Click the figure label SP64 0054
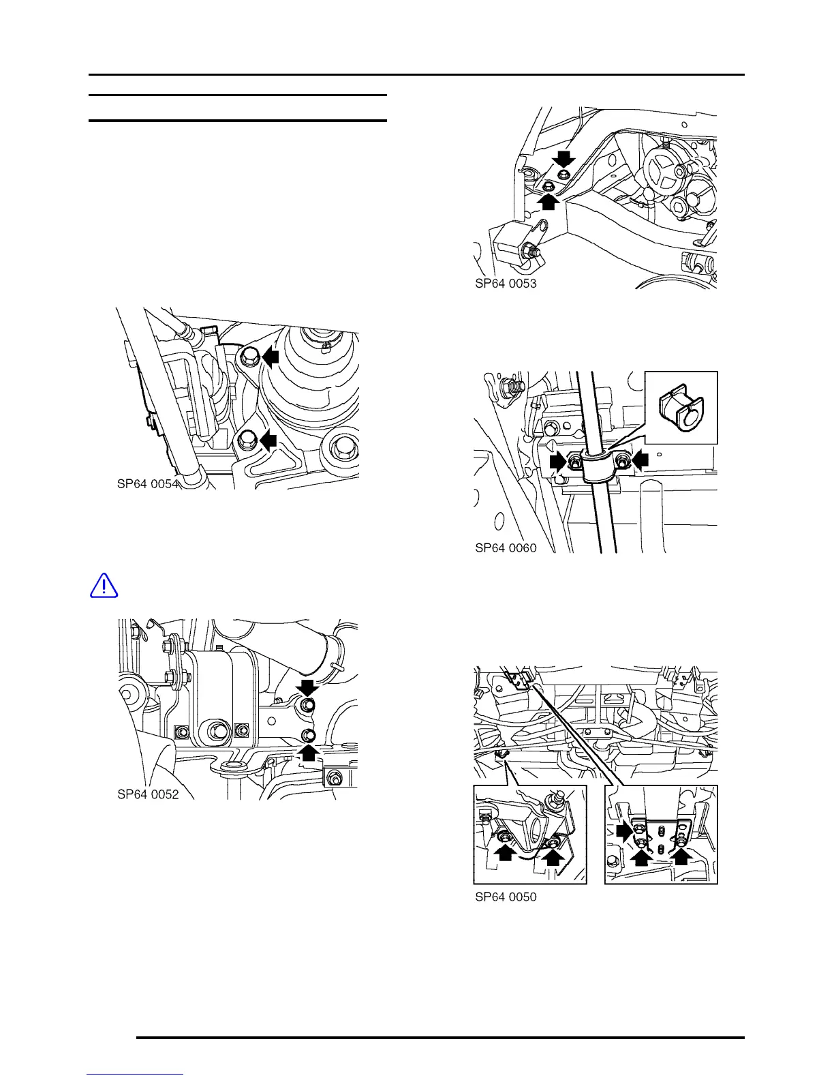pyautogui.click(x=148, y=484)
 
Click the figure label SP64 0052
pyautogui.click(x=148, y=794)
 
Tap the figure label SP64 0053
pyautogui.click(x=506, y=284)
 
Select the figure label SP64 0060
pyautogui.click(x=506, y=547)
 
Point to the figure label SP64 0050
pyautogui.click(x=506, y=897)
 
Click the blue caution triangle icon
pyautogui.click(x=104, y=586)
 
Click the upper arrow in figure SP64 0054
pyautogui.click(x=271, y=356)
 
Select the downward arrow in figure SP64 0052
pyautogui.click(x=308, y=687)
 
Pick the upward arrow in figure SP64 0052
pyautogui.click(x=309, y=751)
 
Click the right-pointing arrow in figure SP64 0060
pyautogui.click(x=558, y=462)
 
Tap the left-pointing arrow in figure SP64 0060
pyautogui.click(x=640, y=462)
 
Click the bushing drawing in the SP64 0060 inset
pyautogui.click(x=681, y=409)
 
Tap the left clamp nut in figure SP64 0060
pyautogui.click(x=576, y=463)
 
